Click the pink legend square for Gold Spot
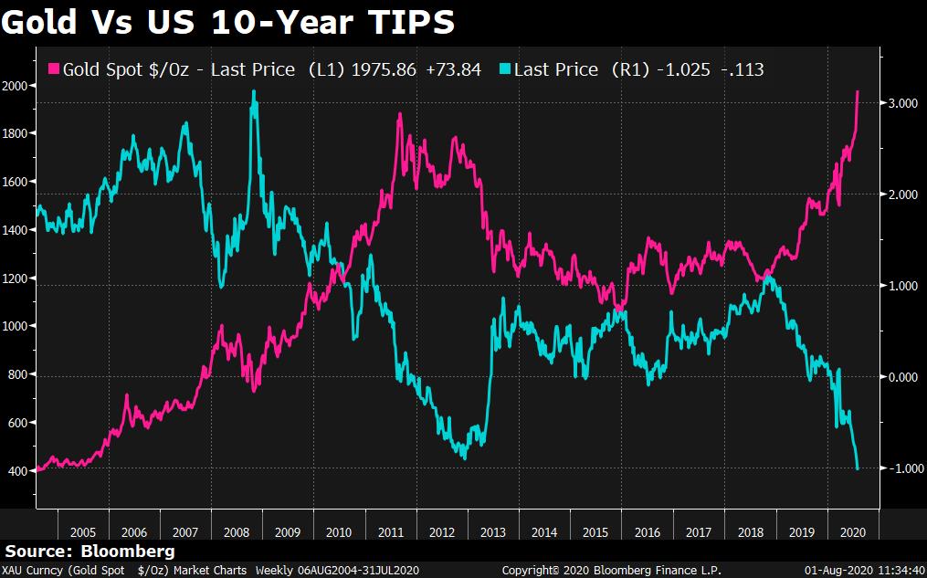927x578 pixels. pyautogui.click(x=53, y=69)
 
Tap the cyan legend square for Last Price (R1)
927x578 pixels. pyautogui.click(x=505, y=69)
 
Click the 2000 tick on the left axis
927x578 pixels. pyautogui.click(x=17, y=86)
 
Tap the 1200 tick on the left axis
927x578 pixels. pyautogui.click(x=17, y=278)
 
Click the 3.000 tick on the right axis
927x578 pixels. pyautogui.click(x=904, y=104)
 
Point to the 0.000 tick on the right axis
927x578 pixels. pyautogui.click(x=904, y=377)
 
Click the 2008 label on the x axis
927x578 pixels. pyautogui.click(x=236, y=531)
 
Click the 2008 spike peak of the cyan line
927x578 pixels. pyautogui.click(x=253, y=92)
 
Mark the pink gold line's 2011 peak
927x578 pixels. pyautogui.click(x=400, y=115)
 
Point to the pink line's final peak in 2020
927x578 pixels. pyautogui.click(x=858, y=91)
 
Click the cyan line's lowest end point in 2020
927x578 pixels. pyautogui.click(x=858, y=469)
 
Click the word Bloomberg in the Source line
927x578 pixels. pyautogui.click(x=129, y=552)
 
